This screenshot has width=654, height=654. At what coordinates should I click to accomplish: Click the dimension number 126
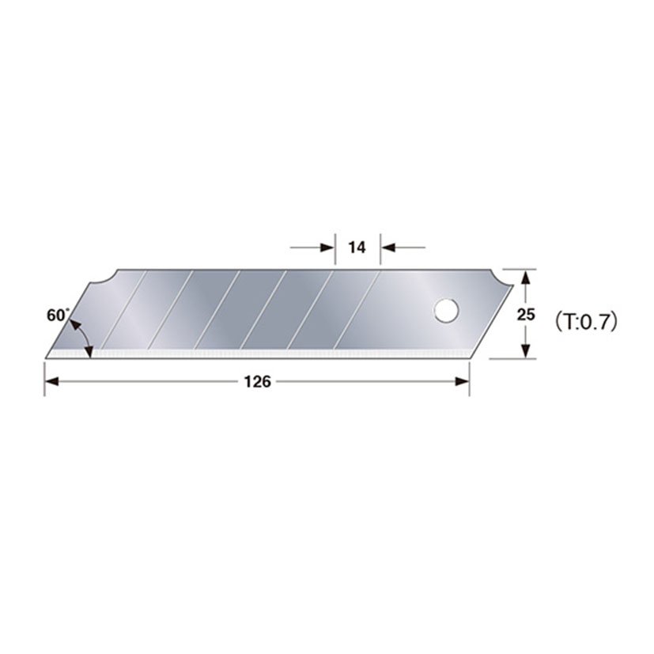[x=257, y=381]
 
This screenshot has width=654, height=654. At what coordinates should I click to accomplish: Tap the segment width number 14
[x=357, y=248]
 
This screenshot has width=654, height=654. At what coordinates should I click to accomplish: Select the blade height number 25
[x=526, y=314]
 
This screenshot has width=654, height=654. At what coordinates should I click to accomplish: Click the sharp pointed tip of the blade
[x=47, y=357]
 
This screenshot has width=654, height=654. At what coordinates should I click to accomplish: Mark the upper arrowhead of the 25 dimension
[x=524, y=274]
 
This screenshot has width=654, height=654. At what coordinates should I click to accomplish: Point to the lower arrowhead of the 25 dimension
[x=524, y=352]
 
